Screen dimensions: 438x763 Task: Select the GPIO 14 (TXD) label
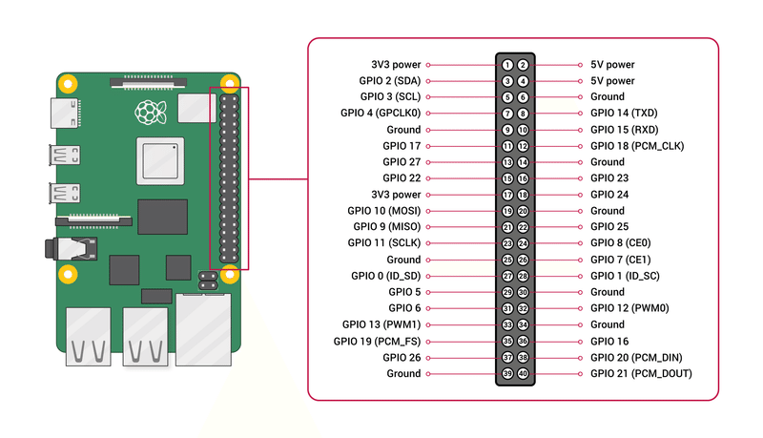click(625, 113)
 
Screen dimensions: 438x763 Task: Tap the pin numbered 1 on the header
click(508, 65)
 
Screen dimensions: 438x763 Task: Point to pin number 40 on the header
click(523, 373)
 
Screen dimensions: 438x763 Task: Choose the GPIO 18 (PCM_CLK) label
click(636, 146)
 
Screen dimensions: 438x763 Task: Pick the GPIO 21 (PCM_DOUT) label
click(640, 373)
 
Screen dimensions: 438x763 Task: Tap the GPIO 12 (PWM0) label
click(629, 308)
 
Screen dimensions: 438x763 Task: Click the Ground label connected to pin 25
click(402, 260)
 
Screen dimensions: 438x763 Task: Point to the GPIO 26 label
click(401, 357)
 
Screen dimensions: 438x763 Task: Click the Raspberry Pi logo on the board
click(147, 113)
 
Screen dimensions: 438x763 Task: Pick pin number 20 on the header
click(523, 211)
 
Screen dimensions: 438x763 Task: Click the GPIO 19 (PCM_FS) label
click(377, 341)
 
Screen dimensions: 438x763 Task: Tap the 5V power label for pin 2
click(612, 65)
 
